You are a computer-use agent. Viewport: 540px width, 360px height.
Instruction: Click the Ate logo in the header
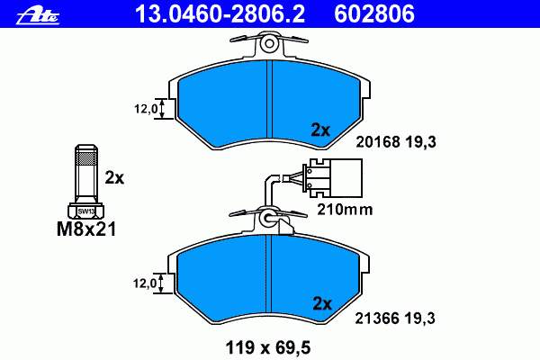(x=38, y=15)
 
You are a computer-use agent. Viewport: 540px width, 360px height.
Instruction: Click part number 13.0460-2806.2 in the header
(x=220, y=14)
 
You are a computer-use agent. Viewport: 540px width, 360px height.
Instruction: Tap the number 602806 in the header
(x=374, y=14)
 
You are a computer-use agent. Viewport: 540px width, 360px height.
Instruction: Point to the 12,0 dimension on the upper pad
(x=146, y=109)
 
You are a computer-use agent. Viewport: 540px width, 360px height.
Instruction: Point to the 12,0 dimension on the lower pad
(x=145, y=283)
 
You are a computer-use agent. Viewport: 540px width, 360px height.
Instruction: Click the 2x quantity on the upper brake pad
(x=320, y=130)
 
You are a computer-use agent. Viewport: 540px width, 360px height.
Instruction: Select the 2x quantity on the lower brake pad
(x=322, y=303)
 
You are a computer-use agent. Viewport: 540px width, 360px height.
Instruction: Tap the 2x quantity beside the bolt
(x=114, y=178)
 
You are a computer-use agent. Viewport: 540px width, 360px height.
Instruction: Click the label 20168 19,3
(x=396, y=141)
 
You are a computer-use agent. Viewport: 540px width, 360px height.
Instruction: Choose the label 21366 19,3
(x=395, y=318)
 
